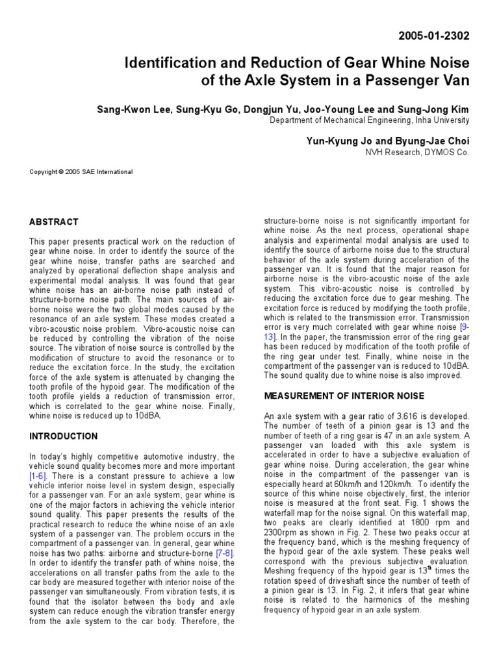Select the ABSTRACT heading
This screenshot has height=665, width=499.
tap(54, 221)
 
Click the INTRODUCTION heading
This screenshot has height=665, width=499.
tap(64, 436)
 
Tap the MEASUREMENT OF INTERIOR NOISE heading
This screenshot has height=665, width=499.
tap(343, 395)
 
